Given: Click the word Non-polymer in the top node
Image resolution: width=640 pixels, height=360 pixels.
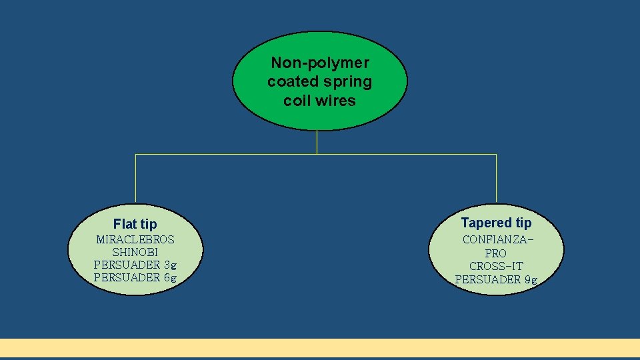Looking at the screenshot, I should (x=320, y=63).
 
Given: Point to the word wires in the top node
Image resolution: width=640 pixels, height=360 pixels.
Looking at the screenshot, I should (x=337, y=101).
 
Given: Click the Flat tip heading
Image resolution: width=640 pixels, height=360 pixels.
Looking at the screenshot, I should (x=135, y=224).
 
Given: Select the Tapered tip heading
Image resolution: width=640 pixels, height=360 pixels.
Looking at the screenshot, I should (x=496, y=223).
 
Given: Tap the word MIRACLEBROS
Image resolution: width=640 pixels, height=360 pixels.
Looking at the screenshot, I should (x=135, y=239).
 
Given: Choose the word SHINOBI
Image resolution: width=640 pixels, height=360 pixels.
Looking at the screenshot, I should (x=135, y=252).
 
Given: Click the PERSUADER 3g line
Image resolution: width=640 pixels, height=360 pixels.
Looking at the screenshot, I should (x=135, y=265).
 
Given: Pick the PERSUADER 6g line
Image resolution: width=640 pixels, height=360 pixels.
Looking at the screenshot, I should (x=135, y=277).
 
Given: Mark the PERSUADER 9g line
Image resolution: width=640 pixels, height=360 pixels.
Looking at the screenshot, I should (x=496, y=279).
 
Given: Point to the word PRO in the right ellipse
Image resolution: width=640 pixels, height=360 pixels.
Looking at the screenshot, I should (x=496, y=253).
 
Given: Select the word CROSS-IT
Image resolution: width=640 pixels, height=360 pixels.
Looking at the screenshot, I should (x=496, y=266).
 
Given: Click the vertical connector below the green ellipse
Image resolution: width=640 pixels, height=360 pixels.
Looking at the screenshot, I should (x=317, y=142).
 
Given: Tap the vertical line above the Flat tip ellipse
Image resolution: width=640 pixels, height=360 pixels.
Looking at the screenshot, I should (x=136, y=178).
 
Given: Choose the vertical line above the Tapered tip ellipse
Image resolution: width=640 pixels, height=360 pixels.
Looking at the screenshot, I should (x=496, y=178).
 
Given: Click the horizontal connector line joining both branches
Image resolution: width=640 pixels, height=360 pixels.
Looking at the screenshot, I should (x=227, y=154).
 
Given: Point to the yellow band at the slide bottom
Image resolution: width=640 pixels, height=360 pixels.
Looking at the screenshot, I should (x=320, y=347).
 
